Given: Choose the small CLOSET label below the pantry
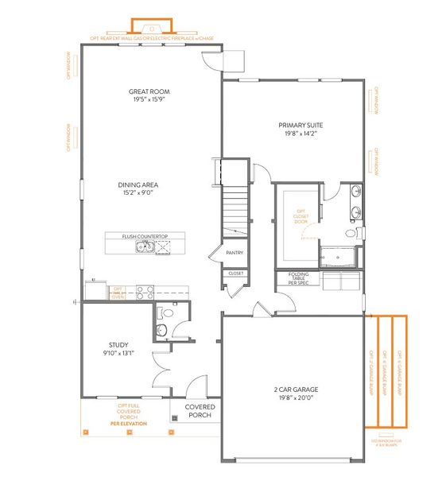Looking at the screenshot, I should tap(236, 273).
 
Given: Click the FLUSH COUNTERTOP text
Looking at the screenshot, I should tap(143, 235).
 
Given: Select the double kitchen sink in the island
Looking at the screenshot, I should tap(144, 247).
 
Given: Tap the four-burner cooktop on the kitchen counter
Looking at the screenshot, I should tap(145, 292).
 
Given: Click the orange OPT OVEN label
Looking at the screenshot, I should tap(117, 292).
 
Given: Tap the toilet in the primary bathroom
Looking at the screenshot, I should tap(351, 234).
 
